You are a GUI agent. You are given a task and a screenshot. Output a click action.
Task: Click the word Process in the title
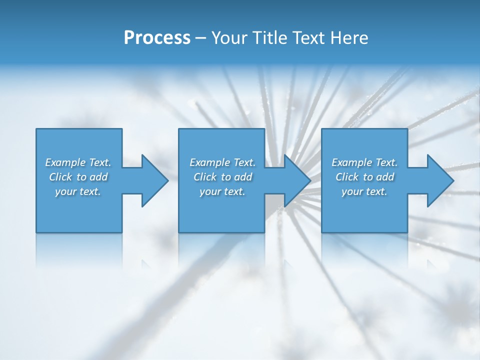[157, 38]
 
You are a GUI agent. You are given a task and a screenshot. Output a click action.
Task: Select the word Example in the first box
[65, 162]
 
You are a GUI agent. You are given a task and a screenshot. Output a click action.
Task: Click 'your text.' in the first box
[78, 191]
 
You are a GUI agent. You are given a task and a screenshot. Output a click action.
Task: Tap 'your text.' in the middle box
[222, 191]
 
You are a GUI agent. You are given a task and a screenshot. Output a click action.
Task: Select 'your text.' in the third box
[364, 191]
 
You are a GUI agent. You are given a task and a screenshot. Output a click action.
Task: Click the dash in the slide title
[200, 38]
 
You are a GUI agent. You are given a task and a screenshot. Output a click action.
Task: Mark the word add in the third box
[385, 177]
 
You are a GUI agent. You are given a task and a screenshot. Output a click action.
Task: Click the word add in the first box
[98, 177]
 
